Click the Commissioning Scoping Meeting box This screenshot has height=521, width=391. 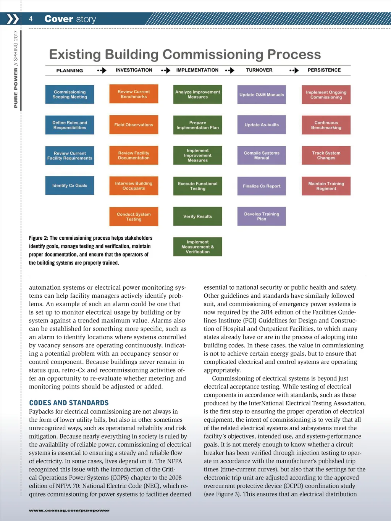tap(69, 94)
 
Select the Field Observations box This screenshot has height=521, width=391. tap(134, 125)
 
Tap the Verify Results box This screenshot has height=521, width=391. tap(197, 216)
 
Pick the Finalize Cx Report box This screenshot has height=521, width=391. tap(262, 186)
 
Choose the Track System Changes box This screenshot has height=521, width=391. tap(326, 155)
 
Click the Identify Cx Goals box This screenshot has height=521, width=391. tap(69, 185)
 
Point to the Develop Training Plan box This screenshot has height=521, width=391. tap(262, 216)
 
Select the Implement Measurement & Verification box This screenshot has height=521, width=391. tap(197, 247)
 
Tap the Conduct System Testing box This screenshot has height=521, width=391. tap(134, 216)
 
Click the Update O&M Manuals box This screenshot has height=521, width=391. tap(262, 95)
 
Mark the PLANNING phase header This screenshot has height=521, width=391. tap(69, 71)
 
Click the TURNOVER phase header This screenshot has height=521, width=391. tap(259, 70)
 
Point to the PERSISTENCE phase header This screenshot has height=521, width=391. tap(324, 70)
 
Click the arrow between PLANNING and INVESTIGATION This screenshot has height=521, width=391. tap(102, 71)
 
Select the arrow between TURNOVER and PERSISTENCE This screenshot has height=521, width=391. tap(294, 71)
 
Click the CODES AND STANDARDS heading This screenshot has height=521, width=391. tap(69, 403)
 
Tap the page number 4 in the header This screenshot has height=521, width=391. tap(31, 19)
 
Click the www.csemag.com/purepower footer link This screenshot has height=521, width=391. tap(69, 510)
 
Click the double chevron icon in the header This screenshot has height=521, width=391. tap(13, 19)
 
